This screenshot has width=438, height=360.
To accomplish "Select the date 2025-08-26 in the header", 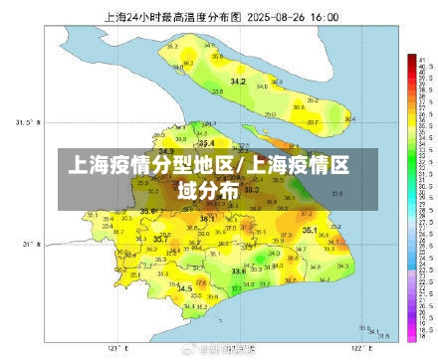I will point(281,17).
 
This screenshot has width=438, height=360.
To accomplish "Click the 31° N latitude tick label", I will point(27,243).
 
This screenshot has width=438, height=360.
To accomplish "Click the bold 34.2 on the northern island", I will point(238,81).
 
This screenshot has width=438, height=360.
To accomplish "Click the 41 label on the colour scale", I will point(422,60).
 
